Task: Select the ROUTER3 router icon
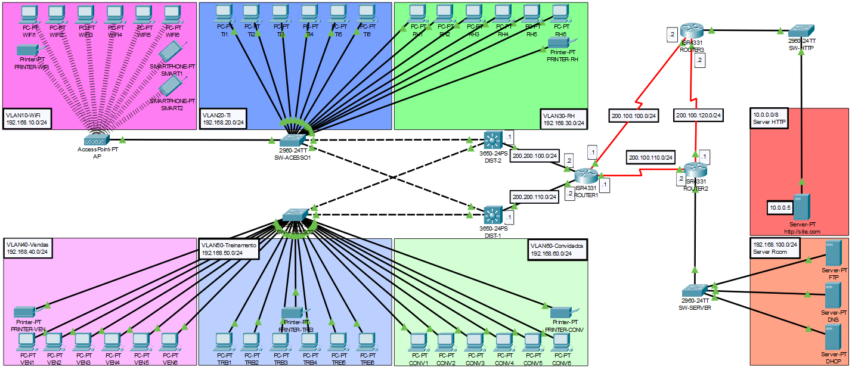point(692,32)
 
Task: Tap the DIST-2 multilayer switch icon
point(494,140)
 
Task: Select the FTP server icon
point(833,254)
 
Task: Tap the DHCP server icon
point(833,338)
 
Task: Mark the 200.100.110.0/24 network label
point(650,157)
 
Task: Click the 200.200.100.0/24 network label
point(535,156)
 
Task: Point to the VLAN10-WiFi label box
point(27,119)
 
